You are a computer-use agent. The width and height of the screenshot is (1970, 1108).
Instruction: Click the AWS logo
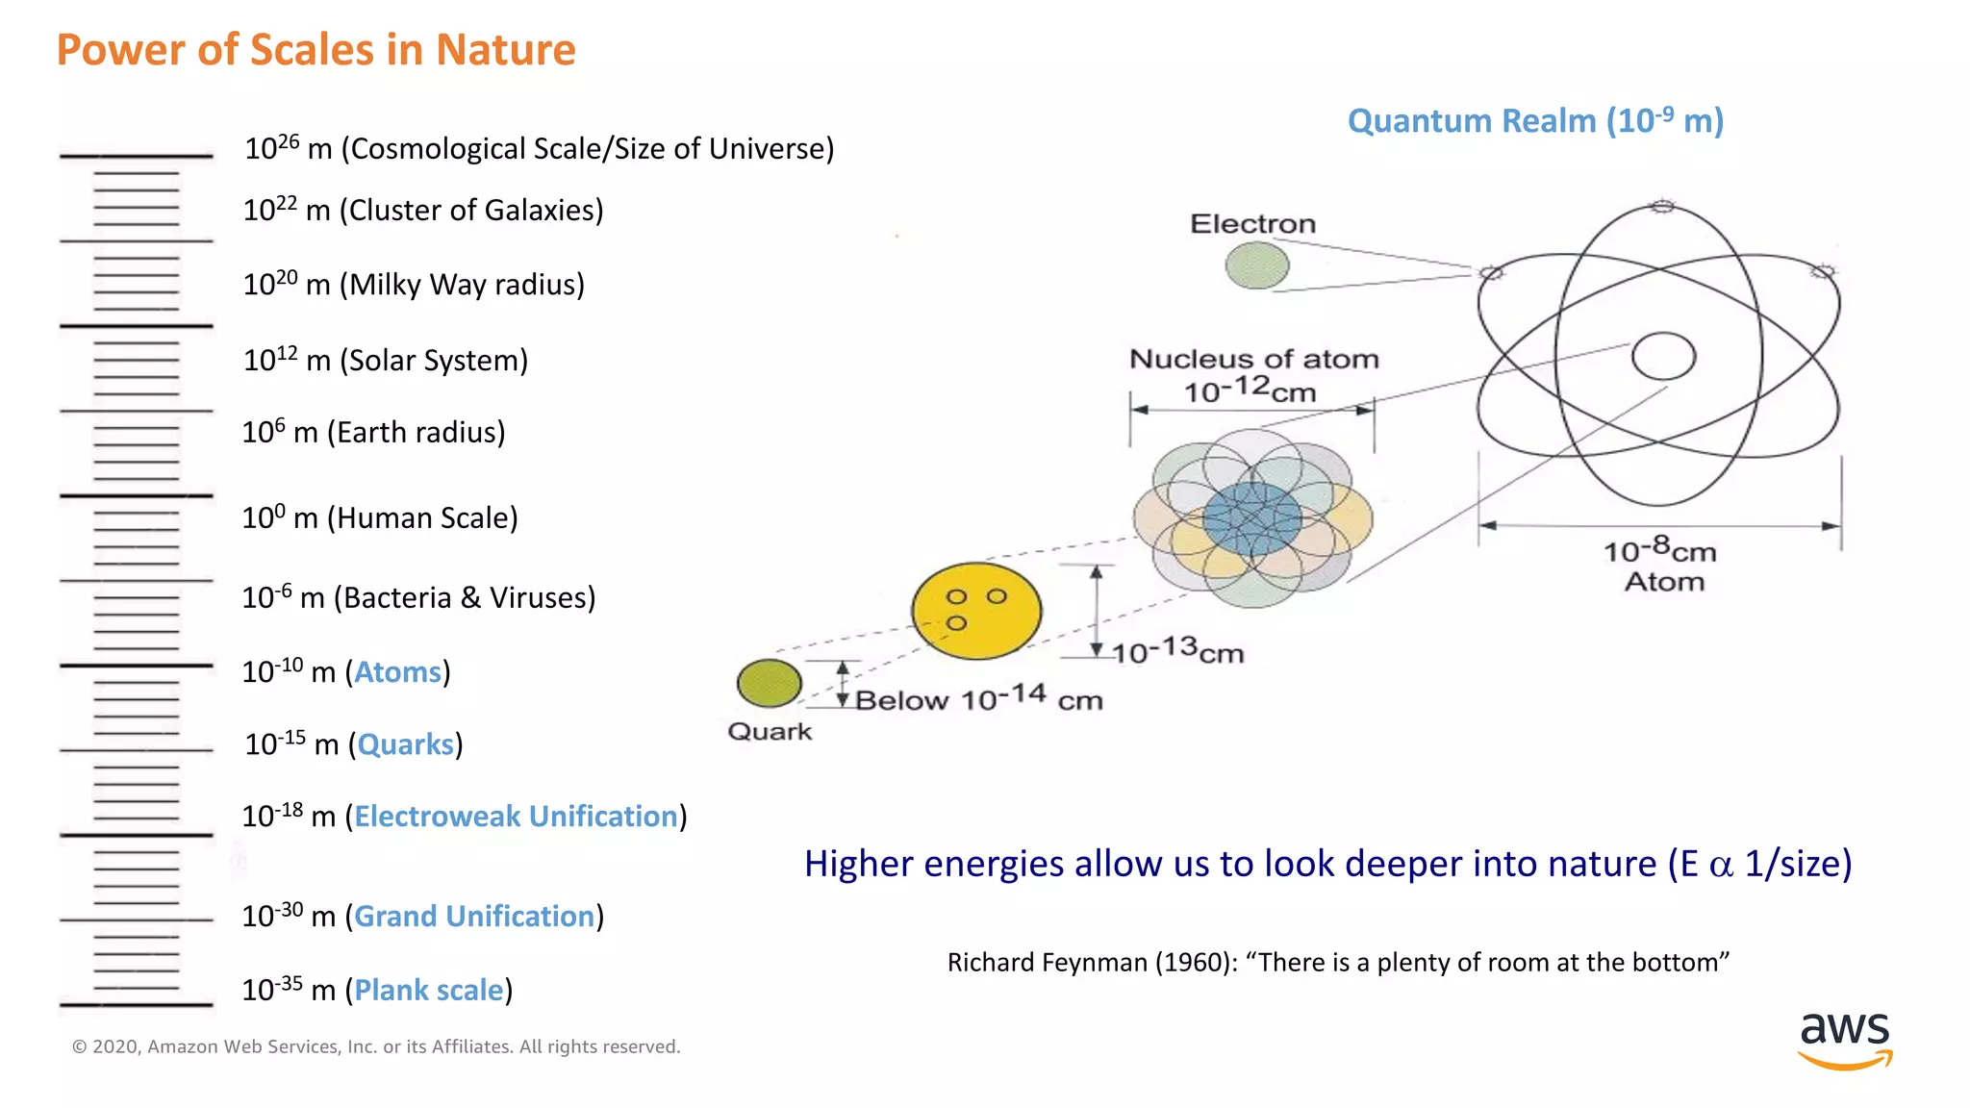pyautogui.click(x=1845, y=1039)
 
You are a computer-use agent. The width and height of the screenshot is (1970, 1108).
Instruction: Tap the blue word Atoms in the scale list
pyautogui.click(x=397, y=671)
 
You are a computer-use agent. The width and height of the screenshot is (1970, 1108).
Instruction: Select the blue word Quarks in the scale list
pyautogui.click(x=405, y=744)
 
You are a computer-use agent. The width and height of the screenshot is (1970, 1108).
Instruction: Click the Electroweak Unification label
pyautogui.click(x=516, y=817)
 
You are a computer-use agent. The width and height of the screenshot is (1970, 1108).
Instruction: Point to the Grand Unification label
pyautogui.click(x=474, y=917)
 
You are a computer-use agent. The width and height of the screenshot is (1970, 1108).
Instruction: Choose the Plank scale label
pyautogui.click(x=429, y=991)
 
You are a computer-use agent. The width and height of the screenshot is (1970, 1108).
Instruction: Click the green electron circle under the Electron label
pyautogui.click(x=1256, y=265)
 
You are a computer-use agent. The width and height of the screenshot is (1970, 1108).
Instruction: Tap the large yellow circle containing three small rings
pyautogui.click(x=976, y=611)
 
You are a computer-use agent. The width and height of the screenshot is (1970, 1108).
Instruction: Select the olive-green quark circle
pyautogui.click(x=769, y=683)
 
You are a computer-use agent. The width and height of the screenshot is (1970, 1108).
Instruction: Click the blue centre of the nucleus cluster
pyautogui.click(x=1251, y=520)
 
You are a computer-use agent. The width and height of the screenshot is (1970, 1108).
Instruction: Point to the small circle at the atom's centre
pyautogui.click(x=1663, y=357)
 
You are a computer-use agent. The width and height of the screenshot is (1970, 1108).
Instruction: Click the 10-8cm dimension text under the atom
pyautogui.click(x=1659, y=551)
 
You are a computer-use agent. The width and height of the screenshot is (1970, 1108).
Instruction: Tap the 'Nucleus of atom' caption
pyautogui.click(x=1253, y=359)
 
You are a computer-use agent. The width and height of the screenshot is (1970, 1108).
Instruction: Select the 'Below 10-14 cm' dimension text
pyautogui.click(x=978, y=699)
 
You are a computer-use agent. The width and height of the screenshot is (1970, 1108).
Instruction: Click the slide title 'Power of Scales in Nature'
pyautogui.click(x=316, y=50)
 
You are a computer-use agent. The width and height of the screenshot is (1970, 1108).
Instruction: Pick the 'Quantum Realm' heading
pyautogui.click(x=1535, y=121)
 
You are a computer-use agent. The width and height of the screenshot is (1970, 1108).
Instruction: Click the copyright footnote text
pyautogui.click(x=376, y=1046)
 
